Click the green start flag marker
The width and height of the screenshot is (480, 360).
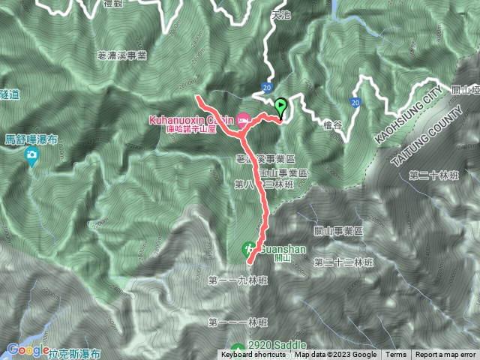(281, 107)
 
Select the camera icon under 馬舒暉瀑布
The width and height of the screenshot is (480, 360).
(31, 156)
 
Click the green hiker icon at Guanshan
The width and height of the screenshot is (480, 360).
(249, 249)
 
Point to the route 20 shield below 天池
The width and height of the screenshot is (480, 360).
(267, 87)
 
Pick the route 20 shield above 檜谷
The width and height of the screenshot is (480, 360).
(355, 101)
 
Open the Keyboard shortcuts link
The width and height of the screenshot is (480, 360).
(253, 355)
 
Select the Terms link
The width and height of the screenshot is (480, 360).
(396, 355)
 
